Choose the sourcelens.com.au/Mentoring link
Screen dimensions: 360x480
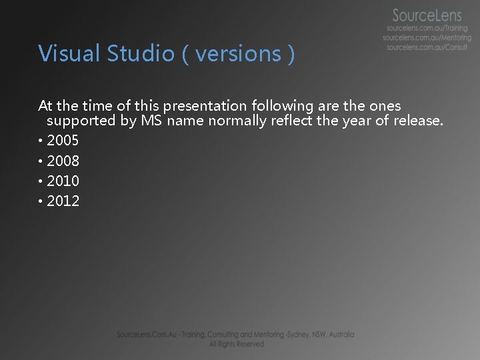[x=427, y=38]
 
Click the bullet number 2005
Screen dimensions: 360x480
[x=63, y=141]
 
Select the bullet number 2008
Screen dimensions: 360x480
[x=63, y=161]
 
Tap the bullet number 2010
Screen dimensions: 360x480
[x=63, y=181]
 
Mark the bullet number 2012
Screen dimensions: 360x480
[x=63, y=201]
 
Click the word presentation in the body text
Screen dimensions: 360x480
[x=204, y=106]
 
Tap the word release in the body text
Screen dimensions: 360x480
[x=417, y=121]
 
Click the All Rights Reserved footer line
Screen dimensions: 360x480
[x=236, y=344]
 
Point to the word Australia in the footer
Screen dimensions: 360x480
[x=339, y=335]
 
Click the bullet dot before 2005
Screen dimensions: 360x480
[x=41, y=141]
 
